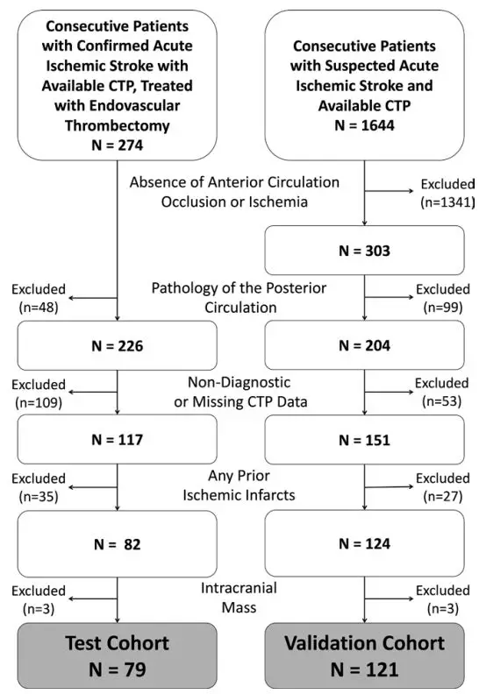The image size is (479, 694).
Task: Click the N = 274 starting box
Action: [118, 85]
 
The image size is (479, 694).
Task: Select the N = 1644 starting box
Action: [364, 85]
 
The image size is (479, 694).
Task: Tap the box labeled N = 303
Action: [364, 251]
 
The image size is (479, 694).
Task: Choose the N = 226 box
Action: [118, 345]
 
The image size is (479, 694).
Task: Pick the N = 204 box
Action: [364, 345]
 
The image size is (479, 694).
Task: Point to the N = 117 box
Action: [118, 440]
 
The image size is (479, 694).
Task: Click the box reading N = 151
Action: [364, 440]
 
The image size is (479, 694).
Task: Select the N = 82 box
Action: [118, 544]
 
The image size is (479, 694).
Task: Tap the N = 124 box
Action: [364, 543]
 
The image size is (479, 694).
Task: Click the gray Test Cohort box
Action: [118, 656]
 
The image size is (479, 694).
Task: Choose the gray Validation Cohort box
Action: [364, 656]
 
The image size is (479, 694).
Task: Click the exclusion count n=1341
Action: [447, 202]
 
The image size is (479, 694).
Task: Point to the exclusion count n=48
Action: [39, 308]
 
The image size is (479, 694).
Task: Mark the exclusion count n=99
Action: [443, 308]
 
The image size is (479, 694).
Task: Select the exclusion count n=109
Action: [39, 402]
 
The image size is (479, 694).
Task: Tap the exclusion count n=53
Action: [442, 401]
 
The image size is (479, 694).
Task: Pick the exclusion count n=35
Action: [39, 497]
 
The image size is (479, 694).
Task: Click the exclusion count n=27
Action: [443, 496]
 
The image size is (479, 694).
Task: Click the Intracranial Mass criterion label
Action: [239, 598]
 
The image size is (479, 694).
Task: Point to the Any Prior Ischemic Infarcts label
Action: [239, 485]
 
